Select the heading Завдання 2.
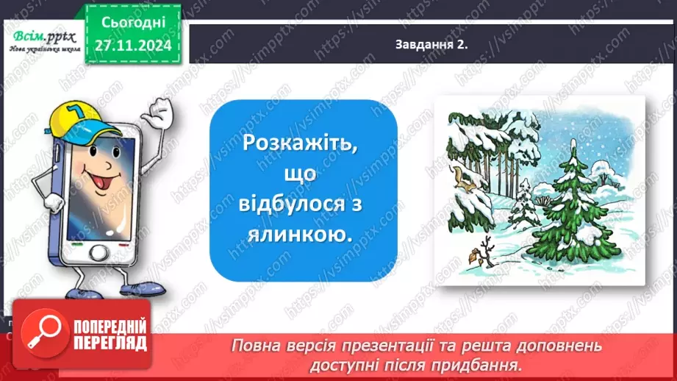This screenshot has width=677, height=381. pyautogui.click(x=431, y=45)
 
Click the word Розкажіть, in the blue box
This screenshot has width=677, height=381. pyautogui.click(x=303, y=142)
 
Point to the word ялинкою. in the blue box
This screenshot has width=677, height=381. pyautogui.click(x=303, y=235)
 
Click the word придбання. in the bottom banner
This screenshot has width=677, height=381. pyautogui.click(x=492, y=363)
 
